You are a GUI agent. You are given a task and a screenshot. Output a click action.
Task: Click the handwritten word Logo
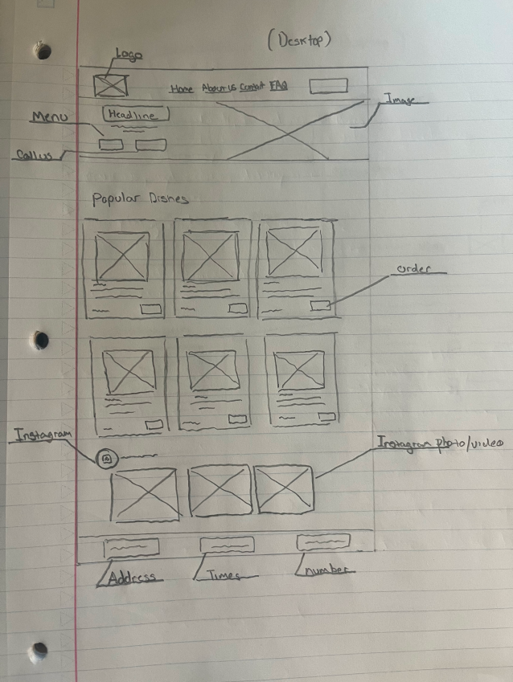[128, 55]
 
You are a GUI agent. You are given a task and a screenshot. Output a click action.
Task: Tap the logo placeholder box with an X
[109, 86]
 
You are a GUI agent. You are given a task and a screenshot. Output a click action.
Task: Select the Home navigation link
[181, 88]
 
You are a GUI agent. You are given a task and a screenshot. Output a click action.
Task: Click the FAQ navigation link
[279, 85]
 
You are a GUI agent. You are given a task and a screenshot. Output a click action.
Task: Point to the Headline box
[135, 115]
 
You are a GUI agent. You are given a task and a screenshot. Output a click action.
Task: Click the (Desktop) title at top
[299, 41]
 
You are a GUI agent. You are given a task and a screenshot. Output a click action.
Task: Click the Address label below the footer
[130, 577]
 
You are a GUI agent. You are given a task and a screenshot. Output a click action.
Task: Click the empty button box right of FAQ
[328, 86]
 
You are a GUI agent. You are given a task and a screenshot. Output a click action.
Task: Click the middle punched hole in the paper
[40, 341]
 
